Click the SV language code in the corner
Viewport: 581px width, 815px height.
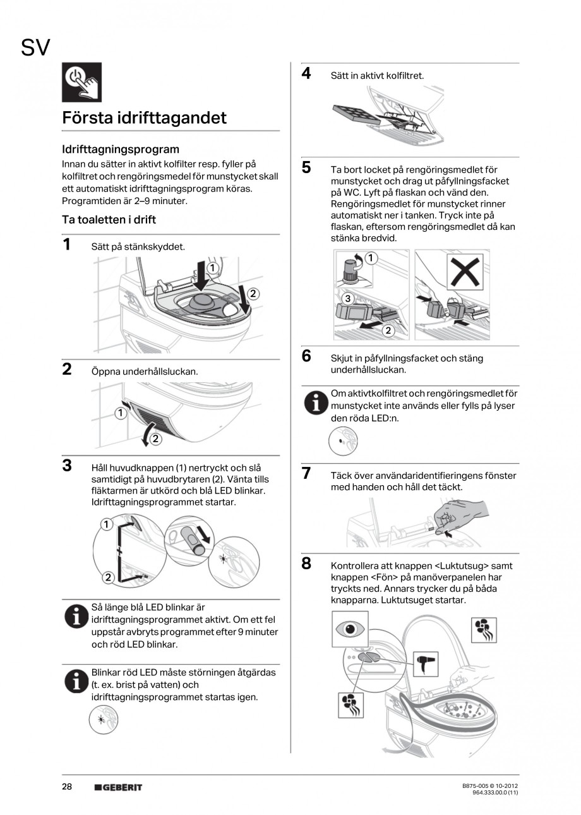(x=35, y=48)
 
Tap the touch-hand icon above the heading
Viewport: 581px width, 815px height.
(x=81, y=82)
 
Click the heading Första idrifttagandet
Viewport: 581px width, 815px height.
(x=144, y=118)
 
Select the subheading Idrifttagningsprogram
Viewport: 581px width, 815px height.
(x=121, y=149)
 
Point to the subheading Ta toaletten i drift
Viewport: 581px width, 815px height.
(x=109, y=220)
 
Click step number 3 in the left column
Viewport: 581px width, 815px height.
(x=67, y=466)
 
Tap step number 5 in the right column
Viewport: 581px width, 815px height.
(x=306, y=167)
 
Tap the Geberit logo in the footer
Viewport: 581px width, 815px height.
(x=118, y=787)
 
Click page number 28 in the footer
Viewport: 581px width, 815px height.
(x=67, y=787)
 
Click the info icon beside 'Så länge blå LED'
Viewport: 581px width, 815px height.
(x=76, y=615)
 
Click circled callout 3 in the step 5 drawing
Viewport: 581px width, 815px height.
(x=347, y=298)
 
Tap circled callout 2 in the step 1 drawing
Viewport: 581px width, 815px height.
(x=253, y=293)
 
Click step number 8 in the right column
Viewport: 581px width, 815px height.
(x=306, y=564)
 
